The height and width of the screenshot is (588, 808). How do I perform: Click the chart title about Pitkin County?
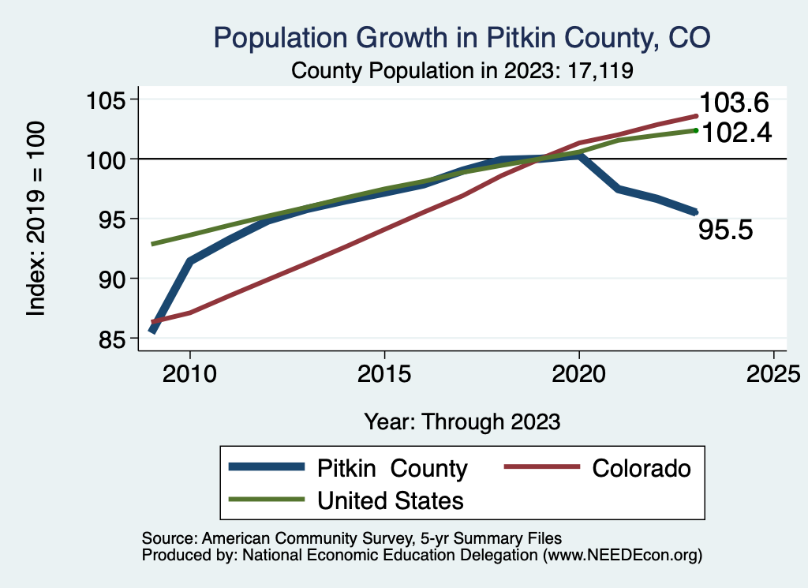click(x=462, y=38)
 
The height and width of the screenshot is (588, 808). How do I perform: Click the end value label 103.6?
click(x=734, y=103)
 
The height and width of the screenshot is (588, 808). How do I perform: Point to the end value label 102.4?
click(x=734, y=132)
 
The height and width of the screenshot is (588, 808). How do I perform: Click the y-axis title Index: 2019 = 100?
click(x=36, y=219)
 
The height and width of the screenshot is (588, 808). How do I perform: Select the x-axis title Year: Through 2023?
click(x=462, y=421)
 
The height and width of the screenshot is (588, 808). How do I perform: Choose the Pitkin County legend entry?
click(x=392, y=468)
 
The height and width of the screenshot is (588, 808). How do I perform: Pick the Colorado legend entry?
click(x=641, y=468)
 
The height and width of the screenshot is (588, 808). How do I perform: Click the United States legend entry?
click(x=390, y=500)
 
